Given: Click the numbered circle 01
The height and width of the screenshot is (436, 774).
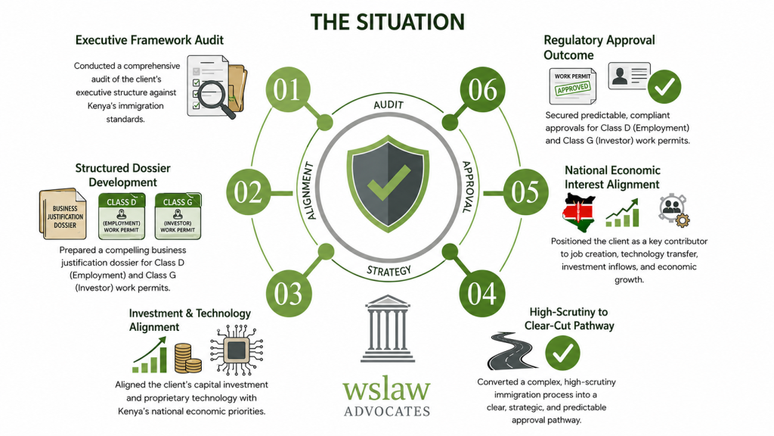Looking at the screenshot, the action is click(288, 89).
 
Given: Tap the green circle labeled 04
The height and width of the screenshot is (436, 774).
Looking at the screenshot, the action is click(481, 293).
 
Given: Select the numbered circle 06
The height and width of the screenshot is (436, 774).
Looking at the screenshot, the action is click(482, 89).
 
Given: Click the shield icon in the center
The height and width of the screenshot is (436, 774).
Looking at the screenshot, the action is click(388, 183).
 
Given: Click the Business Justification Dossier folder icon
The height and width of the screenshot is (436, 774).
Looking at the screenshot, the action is click(63, 214).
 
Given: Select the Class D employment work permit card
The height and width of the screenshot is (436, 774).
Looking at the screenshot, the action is click(122, 216).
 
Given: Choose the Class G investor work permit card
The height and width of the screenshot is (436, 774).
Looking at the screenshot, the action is click(178, 216).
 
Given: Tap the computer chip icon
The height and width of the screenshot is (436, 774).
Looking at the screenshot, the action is click(237, 350).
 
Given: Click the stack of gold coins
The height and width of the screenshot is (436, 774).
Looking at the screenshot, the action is click(187, 358).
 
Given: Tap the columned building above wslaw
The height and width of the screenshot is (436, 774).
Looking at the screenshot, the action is click(388, 329).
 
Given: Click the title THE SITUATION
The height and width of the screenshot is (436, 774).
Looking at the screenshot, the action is click(388, 22).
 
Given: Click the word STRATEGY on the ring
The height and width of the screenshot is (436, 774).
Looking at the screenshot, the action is click(389, 271).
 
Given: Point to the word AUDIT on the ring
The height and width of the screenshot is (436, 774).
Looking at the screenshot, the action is click(389, 104).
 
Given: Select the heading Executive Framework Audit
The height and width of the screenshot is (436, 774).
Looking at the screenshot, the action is click(149, 40).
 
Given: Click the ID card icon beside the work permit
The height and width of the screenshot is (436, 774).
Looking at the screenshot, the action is click(629, 76).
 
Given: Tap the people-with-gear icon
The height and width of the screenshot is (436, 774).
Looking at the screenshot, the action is click(673, 210).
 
